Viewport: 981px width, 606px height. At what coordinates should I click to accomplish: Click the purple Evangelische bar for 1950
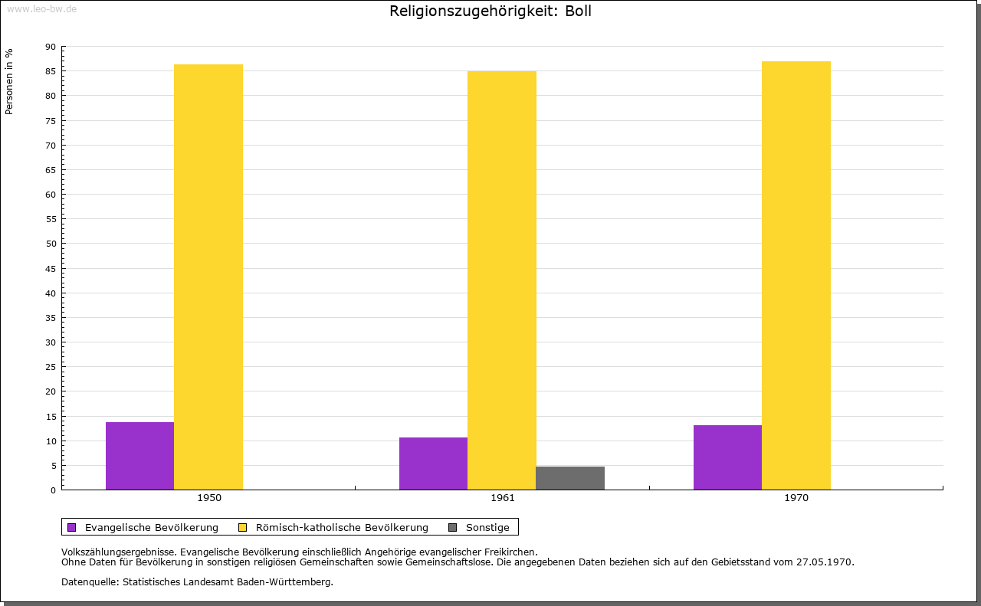tap(139, 456)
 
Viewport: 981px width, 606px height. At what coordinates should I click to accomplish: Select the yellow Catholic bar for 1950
tap(208, 277)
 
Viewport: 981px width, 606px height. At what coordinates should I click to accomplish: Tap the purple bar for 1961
tap(433, 464)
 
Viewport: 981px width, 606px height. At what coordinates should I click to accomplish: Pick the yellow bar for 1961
tap(502, 280)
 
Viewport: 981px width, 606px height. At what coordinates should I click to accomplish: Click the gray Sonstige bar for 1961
tap(570, 478)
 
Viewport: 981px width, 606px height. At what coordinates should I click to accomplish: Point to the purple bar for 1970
tap(727, 457)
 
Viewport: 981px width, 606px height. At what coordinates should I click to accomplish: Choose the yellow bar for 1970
tap(796, 275)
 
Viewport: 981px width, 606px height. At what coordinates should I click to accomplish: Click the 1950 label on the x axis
tap(209, 498)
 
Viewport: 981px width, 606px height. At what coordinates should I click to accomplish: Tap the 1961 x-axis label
tap(503, 498)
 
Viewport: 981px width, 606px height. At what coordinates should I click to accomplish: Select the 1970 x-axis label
tap(796, 498)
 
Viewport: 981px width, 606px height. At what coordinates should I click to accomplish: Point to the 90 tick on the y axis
tap(51, 47)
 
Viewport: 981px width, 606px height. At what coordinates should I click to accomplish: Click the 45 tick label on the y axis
tap(51, 269)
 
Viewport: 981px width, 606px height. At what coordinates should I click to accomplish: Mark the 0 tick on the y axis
tap(54, 490)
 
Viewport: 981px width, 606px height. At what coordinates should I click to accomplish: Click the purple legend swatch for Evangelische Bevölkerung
tap(72, 528)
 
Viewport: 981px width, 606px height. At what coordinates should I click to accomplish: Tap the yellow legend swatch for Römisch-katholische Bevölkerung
tap(242, 528)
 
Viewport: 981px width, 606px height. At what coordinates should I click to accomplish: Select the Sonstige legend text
tap(487, 528)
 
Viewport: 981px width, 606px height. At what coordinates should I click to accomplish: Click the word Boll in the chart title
tap(578, 11)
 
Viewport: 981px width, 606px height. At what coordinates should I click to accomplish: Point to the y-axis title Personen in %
tap(9, 81)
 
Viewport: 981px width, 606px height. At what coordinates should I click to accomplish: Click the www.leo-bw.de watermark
tap(41, 9)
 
